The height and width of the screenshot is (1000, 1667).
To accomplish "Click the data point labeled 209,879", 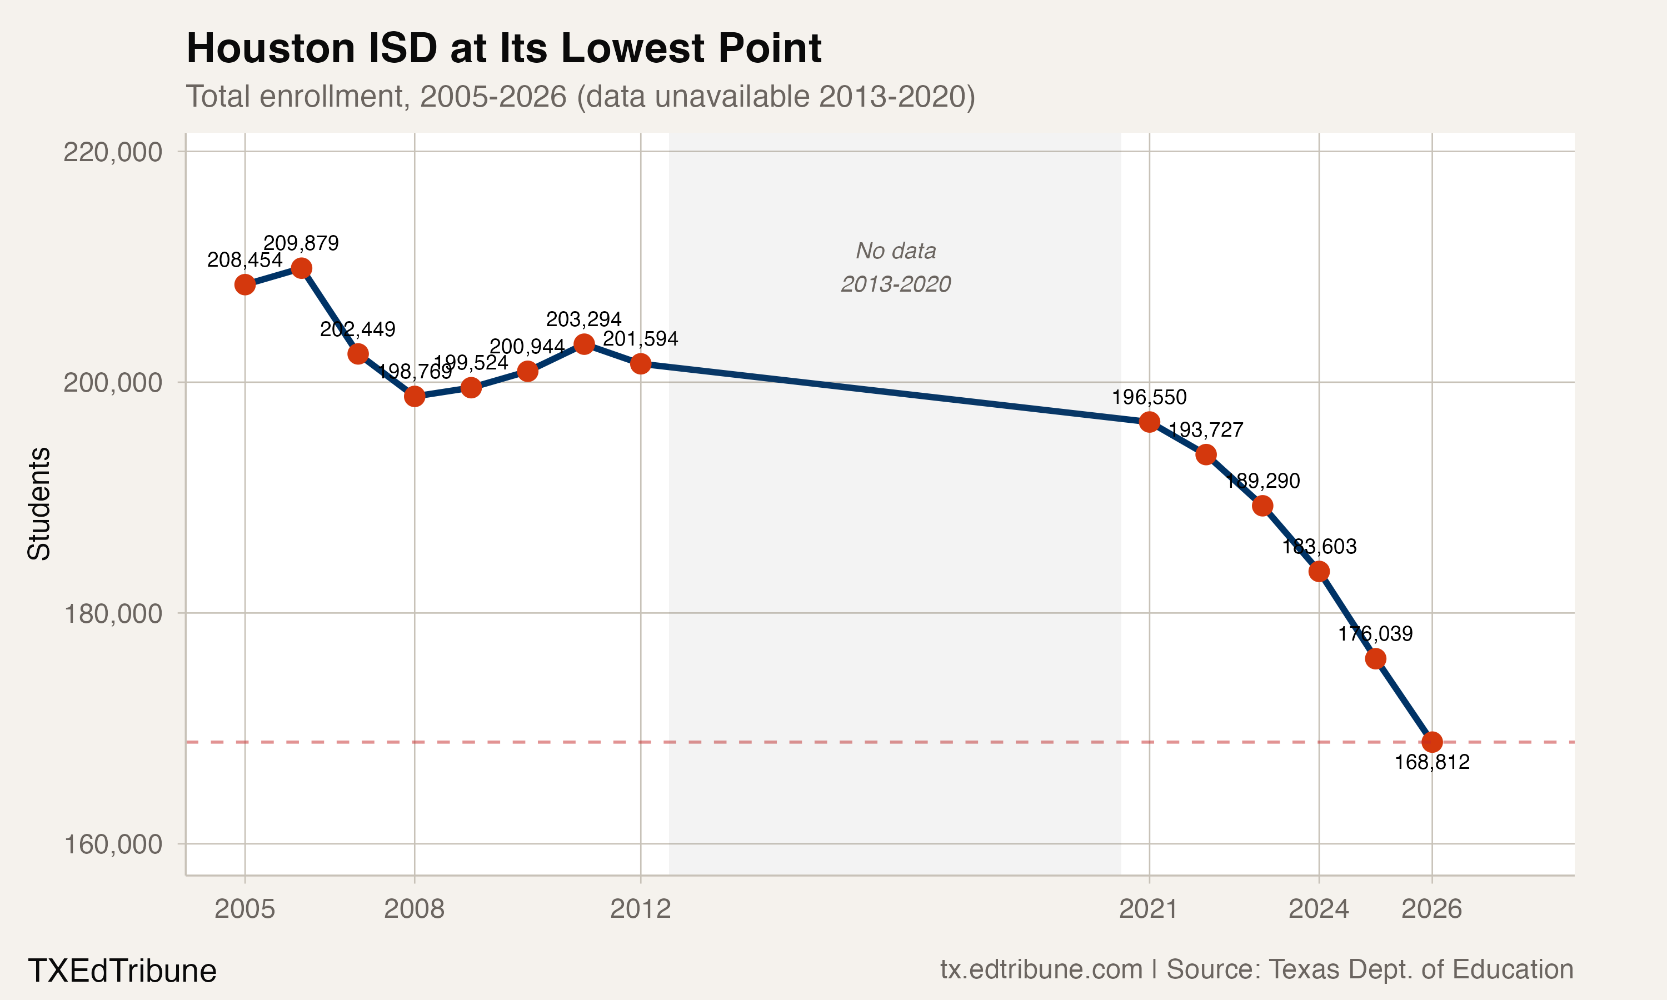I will click(301, 268).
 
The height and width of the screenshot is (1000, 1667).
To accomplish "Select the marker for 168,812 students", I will click(1432, 742).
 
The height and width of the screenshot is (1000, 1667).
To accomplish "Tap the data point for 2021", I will click(1150, 422).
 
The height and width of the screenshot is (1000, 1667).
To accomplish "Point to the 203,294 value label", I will click(583, 319).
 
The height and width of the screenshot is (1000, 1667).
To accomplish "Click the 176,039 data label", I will click(1375, 633).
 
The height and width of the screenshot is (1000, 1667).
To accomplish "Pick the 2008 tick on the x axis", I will click(415, 909).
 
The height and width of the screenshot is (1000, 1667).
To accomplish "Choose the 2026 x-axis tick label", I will click(1432, 909).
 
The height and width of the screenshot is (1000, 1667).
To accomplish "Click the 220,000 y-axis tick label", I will click(113, 152).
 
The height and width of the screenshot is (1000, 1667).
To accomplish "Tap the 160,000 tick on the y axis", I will click(113, 844).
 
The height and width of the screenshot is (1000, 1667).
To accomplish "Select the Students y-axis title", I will click(39, 503).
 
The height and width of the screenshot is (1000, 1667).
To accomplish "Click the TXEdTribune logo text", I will click(122, 971).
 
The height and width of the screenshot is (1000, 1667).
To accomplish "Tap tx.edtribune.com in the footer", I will click(1041, 969).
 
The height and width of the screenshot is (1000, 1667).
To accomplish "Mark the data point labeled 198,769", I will click(415, 396).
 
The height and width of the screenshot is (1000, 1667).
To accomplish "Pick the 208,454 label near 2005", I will click(244, 260).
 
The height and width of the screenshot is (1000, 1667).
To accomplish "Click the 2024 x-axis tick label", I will click(1319, 909).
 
